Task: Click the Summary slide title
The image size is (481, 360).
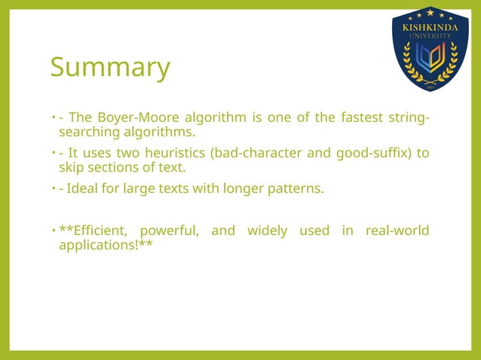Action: (110, 68)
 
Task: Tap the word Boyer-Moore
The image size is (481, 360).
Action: (129, 117)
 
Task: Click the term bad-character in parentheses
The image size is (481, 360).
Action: (257, 153)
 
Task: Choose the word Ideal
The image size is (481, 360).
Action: (84, 188)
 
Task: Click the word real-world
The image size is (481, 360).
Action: (397, 230)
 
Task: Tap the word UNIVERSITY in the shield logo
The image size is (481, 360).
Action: (430, 35)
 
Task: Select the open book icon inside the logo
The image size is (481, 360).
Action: (430, 59)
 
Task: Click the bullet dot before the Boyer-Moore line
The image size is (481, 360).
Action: (53, 117)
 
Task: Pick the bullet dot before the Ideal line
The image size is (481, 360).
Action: (53, 188)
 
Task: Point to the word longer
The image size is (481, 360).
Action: (243, 188)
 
